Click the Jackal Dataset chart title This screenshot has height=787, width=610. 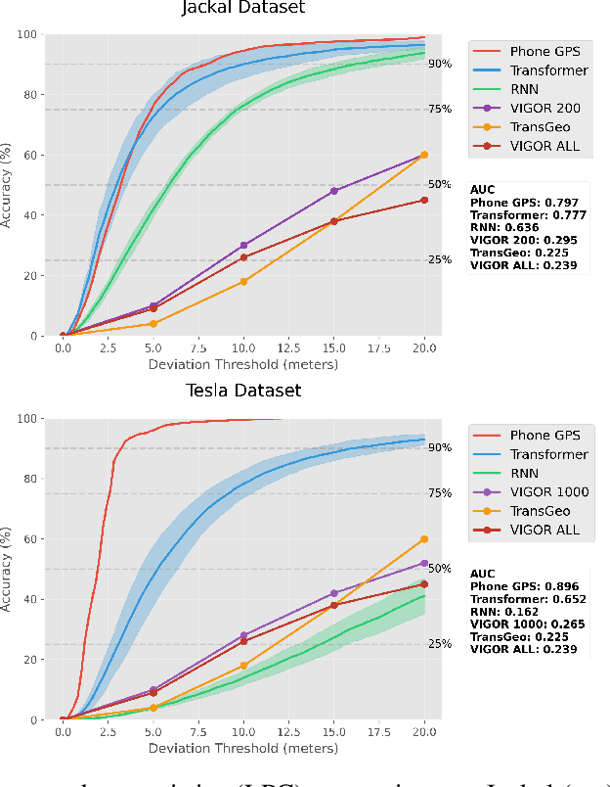tap(243, 9)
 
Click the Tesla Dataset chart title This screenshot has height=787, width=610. tap(243, 392)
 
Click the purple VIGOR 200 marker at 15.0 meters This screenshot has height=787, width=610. tap(333, 191)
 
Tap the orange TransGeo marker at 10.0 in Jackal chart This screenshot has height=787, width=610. tap(243, 282)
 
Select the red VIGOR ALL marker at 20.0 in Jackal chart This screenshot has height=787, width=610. tap(424, 200)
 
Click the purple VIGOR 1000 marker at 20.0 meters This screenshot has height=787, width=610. tap(424, 563)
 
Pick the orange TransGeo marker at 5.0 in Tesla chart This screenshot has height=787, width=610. tap(153, 708)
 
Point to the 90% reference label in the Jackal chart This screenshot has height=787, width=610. tap(439, 64)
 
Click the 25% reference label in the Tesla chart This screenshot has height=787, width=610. tap(439, 644)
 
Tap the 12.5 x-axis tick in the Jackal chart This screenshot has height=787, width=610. tap(288, 347)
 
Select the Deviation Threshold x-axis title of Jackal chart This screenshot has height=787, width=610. tap(243, 365)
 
